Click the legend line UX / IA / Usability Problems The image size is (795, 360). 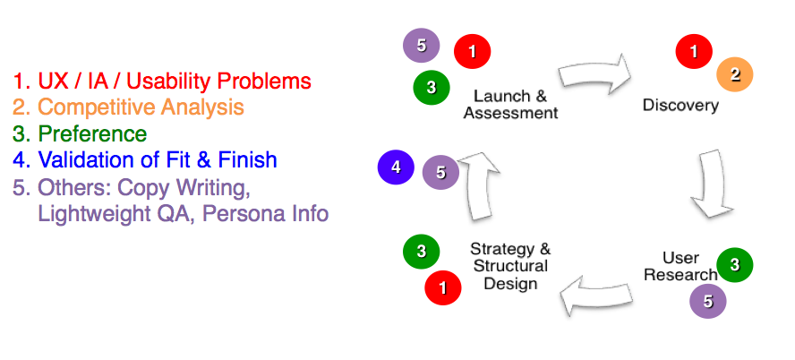[162, 81]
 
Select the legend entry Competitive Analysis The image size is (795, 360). [128, 107]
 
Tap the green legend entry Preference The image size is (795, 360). [80, 134]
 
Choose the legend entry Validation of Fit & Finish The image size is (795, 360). [145, 160]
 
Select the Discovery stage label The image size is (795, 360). [680, 106]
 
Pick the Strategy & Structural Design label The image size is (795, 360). [510, 266]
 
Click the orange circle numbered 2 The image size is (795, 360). [735, 75]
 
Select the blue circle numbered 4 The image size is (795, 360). [396, 167]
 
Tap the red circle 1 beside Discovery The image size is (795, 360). [694, 51]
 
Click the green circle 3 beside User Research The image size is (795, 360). [735, 264]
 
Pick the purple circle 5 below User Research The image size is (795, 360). [707, 302]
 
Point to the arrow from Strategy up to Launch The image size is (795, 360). [478, 187]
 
